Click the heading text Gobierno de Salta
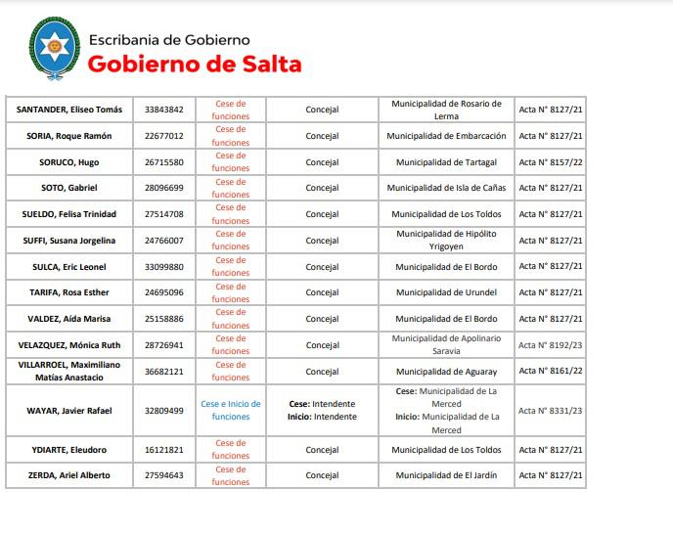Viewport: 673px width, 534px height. pos(195,65)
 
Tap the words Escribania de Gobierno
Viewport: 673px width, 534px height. pos(168,40)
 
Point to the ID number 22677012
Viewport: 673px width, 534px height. pos(163,136)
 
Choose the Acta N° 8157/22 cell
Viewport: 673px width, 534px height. pos(551,162)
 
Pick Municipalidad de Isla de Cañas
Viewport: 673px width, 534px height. pos(446,188)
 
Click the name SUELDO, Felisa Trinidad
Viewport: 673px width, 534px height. pos(68,214)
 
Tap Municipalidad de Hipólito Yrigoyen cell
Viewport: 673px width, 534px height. pos(446,241)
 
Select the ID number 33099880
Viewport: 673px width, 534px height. pos(163,267)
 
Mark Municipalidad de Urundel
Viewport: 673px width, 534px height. pos(446,292)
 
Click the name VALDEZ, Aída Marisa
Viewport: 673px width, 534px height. pos(68,319)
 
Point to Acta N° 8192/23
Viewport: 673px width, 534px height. pos(551,345)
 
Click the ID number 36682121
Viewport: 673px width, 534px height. pos(163,372)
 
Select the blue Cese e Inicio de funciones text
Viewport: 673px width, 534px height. pos(231,411)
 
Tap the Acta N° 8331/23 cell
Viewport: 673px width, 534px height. pos(551,411)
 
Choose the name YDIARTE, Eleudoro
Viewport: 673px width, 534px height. pos(68,450)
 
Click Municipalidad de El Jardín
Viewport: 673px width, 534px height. pos(446,475)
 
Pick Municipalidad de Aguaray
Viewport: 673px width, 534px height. pos(446,372)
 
